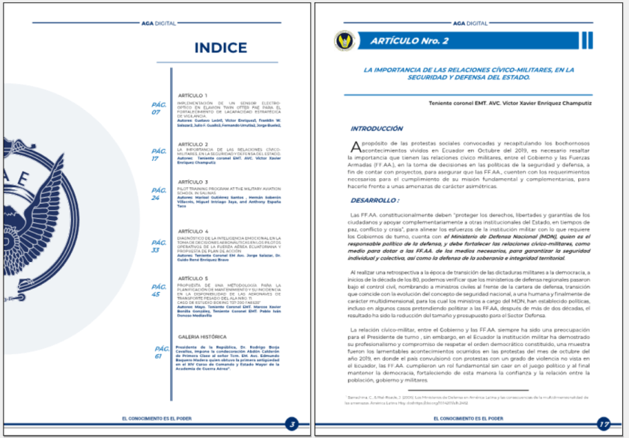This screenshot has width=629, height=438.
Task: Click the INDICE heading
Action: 220,48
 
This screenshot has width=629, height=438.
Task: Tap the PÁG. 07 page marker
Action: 158,109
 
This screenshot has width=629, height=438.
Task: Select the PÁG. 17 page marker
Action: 158,154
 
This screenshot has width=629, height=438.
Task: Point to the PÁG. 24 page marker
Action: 158,194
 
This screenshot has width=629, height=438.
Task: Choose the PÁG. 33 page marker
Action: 158,246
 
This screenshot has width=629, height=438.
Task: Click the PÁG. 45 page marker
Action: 158,290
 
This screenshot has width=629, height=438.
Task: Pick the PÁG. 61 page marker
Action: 161,352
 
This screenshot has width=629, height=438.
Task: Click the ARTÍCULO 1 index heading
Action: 192,96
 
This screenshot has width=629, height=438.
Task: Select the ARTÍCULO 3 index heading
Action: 192,182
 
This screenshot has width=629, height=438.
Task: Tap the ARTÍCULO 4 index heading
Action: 192,231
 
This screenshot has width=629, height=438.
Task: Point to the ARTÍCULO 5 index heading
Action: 192,278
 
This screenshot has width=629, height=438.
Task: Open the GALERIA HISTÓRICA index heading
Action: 203,338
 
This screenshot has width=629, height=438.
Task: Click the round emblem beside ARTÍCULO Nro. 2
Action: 346,40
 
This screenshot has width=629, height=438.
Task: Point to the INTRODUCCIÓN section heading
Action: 377,128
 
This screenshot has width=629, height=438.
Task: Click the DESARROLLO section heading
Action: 374,201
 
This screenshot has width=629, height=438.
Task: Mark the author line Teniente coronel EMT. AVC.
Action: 510,103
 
